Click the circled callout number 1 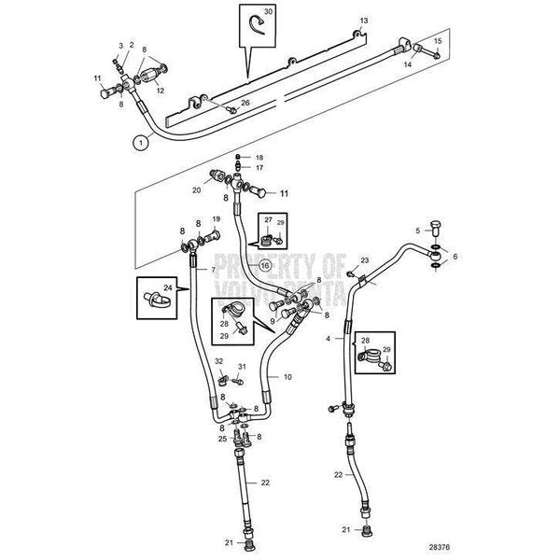click(138, 143)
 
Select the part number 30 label click(269, 13)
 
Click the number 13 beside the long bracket click(365, 20)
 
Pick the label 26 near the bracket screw click(245, 103)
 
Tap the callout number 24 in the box click(169, 288)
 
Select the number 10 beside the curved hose click(288, 376)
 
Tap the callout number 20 click(197, 189)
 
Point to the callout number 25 click(222, 439)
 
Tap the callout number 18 click(259, 157)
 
